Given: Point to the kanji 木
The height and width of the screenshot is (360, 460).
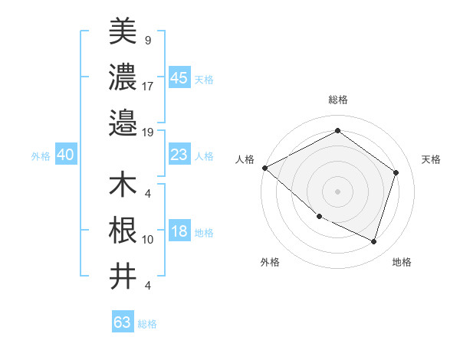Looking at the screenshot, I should pos(123,185).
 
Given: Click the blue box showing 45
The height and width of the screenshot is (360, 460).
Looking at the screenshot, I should pos(179,78).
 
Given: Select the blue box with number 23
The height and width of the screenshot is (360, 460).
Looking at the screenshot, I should pos(179,155).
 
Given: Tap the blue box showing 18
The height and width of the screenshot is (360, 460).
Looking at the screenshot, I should pos(179,232).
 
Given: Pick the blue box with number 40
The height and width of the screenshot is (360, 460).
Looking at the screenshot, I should pos(65,155).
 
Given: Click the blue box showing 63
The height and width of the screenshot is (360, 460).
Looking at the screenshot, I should pos(122,322).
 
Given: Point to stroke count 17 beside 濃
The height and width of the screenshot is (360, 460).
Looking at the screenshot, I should pos(147,86).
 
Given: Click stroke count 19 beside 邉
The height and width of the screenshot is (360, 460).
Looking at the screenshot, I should pos(147,132).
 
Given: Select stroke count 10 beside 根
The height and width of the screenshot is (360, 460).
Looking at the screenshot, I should pos(147,240).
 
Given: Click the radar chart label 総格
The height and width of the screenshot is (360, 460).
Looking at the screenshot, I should pos(337,100).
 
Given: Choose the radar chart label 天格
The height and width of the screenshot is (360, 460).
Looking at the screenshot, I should pos(431,159).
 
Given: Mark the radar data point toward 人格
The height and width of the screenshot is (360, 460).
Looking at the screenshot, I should pos(264,168).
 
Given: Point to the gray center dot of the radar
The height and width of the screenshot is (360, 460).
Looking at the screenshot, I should pos(337,191).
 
